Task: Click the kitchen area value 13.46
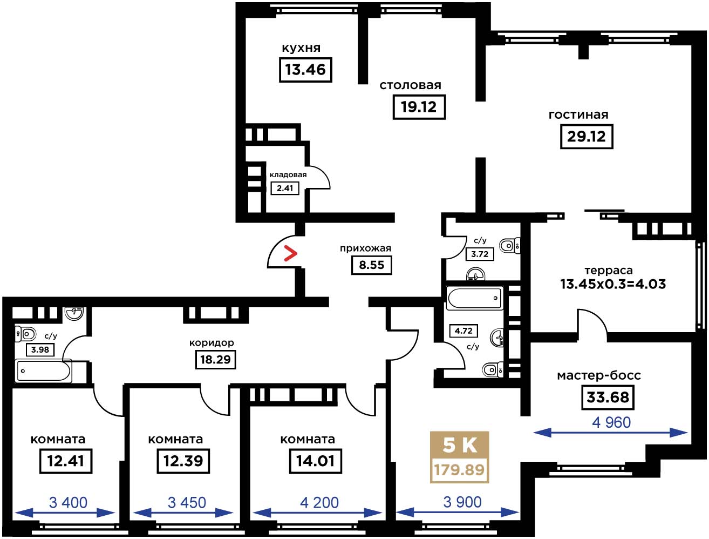(305, 70)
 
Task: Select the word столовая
(410, 85)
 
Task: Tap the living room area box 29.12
(587, 137)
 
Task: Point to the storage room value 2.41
(284, 188)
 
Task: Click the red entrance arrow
(290, 253)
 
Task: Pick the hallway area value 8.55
(371, 265)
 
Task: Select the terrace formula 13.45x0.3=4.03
(613, 284)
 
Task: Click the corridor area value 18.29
(215, 360)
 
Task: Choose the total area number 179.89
(459, 470)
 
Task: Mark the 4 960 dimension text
(611, 422)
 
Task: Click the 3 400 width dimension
(68, 502)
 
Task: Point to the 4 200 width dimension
(319, 502)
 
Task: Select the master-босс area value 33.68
(608, 397)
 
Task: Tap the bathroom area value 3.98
(40, 349)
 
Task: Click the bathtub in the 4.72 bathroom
(474, 298)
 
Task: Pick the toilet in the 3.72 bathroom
(510, 246)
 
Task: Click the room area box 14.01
(315, 461)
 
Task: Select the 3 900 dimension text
(462, 502)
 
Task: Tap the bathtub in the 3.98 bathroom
(43, 370)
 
